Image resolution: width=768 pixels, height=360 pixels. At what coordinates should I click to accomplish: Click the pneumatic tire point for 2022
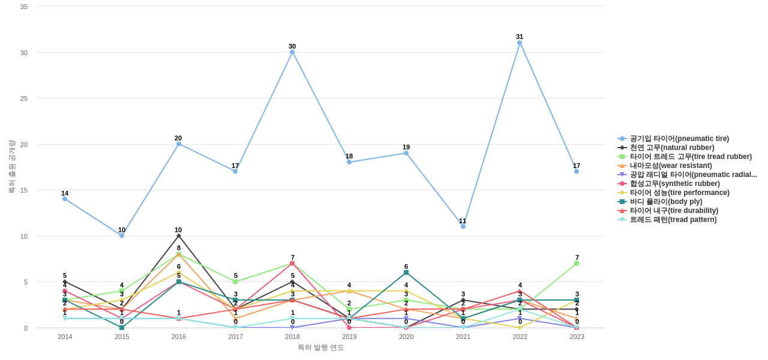(x=520, y=43)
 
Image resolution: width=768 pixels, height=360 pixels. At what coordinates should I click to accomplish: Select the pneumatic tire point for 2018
(x=292, y=52)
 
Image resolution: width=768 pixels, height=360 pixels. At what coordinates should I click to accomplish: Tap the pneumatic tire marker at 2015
(x=122, y=236)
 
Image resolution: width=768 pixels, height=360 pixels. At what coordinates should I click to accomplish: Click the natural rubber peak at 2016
(x=179, y=236)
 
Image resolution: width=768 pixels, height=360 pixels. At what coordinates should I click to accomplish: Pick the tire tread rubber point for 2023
(x=577, y=263)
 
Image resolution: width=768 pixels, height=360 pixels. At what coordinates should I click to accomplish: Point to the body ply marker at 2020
(x=406, y=272)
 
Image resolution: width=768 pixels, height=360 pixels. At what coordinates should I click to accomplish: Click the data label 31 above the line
(x=520, y=37)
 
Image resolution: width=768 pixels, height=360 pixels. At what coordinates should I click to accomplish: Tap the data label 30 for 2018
(x=292, y=46)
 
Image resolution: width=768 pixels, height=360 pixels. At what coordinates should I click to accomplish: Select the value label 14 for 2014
(x=65, y=193)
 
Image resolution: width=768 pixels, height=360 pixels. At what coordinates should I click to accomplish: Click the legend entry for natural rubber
(x=672, y=148)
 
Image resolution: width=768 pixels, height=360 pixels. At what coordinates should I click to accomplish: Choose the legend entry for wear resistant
(x=671, y=166)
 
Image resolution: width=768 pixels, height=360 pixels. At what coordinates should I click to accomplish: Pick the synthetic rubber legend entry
(x=674, y=184)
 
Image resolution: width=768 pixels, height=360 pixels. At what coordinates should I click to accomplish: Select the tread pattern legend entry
(x=673, y=220)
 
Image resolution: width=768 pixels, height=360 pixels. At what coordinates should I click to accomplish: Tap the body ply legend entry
(x=666, y=202)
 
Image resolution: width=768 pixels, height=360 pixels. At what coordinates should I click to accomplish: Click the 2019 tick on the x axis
(x=349, y=337)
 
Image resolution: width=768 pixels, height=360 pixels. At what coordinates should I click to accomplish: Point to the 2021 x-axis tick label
(x=463, y=337)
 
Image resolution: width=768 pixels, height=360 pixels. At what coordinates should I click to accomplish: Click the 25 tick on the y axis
(x=24, y=98)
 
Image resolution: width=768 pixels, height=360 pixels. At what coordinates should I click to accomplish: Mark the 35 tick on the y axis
(x=24, y=7)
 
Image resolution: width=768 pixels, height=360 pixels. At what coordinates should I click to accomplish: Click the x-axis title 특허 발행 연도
(x=321, y=347)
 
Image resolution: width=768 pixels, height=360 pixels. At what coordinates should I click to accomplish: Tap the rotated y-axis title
(x=11, y=167)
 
